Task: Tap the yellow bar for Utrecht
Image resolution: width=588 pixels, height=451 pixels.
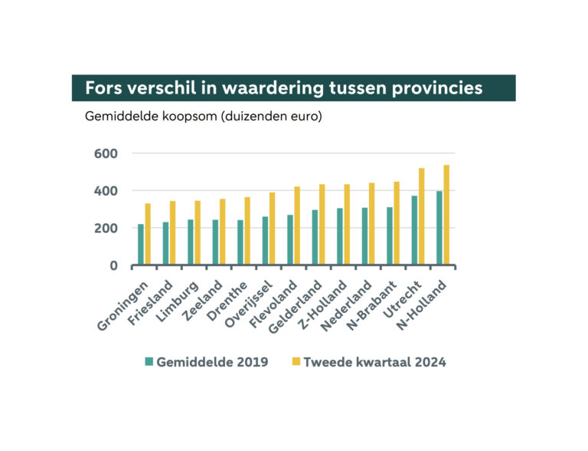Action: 422,216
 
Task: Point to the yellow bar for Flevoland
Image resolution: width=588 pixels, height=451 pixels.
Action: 297,225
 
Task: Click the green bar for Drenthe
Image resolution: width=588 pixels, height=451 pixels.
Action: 240,242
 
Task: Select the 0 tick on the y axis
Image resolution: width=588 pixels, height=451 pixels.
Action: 113,265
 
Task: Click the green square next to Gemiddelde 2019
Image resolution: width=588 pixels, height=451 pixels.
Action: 150,361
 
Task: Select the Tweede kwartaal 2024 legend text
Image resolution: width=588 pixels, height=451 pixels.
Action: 374,362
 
